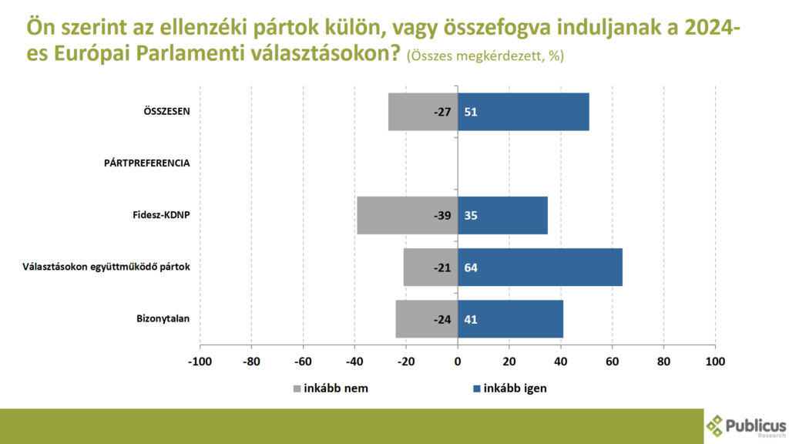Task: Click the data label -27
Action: click(442, 112)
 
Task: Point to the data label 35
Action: click(471, 215)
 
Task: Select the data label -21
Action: click(442, 267)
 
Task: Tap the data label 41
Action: click(471, 318)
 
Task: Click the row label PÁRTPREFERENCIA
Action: click(146, 163)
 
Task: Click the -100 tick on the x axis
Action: click(200, 361)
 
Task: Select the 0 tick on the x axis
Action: click(458, 361)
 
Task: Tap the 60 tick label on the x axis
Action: click(613, 361)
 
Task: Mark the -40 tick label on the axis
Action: click(354, 361)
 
